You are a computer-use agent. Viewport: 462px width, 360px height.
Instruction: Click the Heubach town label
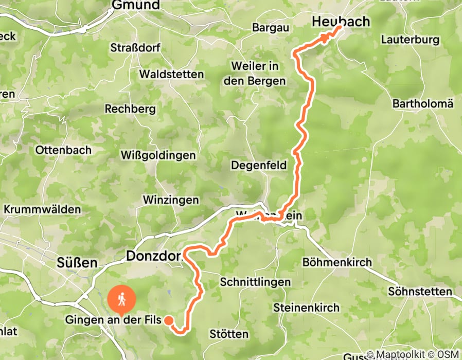(341, 22)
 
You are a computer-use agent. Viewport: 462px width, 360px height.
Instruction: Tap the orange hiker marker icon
(122, 299)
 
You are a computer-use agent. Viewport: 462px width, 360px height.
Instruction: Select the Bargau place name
(271, 28)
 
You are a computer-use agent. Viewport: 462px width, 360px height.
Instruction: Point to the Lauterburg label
(410, 40)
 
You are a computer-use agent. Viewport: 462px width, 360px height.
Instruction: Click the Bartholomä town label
(423, 104)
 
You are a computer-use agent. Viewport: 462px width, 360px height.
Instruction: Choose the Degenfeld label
(256, 165)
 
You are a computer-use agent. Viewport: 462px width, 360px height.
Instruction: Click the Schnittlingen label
(255, 282)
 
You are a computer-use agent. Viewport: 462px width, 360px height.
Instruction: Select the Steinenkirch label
(307, 308)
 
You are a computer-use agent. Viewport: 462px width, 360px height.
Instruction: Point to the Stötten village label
(229, 334)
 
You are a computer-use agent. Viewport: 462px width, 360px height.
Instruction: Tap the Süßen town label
(76, 263)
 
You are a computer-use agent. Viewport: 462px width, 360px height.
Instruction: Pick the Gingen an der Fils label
(113, 320)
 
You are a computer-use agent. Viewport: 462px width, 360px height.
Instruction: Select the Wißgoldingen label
(158, 155)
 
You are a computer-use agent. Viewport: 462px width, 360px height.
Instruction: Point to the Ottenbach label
(63, 150)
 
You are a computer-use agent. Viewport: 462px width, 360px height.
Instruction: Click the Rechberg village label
(130, 109)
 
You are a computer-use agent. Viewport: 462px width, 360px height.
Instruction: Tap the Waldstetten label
(171, 75)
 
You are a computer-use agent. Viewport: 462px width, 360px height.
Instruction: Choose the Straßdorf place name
(135, 48)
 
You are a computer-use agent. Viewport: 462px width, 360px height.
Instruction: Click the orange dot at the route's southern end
(168, 320)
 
